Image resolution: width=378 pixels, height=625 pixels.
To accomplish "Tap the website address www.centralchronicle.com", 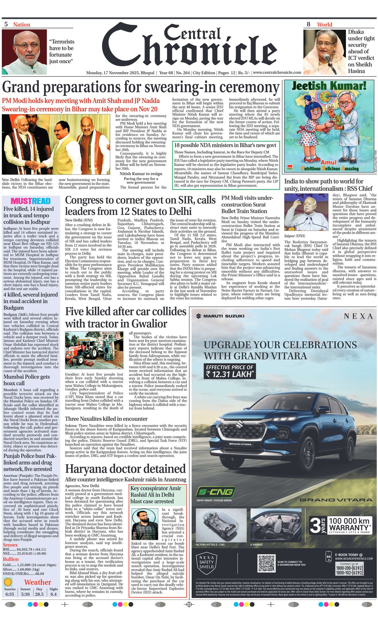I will [x=277, y=73].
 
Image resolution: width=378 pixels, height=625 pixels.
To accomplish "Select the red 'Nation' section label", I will [x=21, y=25].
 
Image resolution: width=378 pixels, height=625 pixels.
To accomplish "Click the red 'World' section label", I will [x=324, y=25].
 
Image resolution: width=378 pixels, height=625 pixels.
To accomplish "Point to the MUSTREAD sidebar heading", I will [x=31, y=201].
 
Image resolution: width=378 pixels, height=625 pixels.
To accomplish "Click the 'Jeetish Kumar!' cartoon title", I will [x=329, y=86].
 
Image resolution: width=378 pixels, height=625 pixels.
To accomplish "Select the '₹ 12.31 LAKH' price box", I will [x=229, y=371].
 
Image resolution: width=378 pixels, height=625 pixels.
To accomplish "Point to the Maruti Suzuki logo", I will [x=220, y=316].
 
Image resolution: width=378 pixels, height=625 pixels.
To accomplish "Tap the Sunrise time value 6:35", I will [x=10, y=594].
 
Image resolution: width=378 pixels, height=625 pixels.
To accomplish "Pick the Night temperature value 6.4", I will [x=53, y=594].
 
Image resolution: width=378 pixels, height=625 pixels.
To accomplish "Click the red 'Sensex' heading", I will [x=10, y=545].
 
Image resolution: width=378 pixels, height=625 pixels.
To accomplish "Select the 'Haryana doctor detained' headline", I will [x=125, y=469].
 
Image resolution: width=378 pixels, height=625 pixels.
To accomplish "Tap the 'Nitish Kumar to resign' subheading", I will [x=141, y=174].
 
